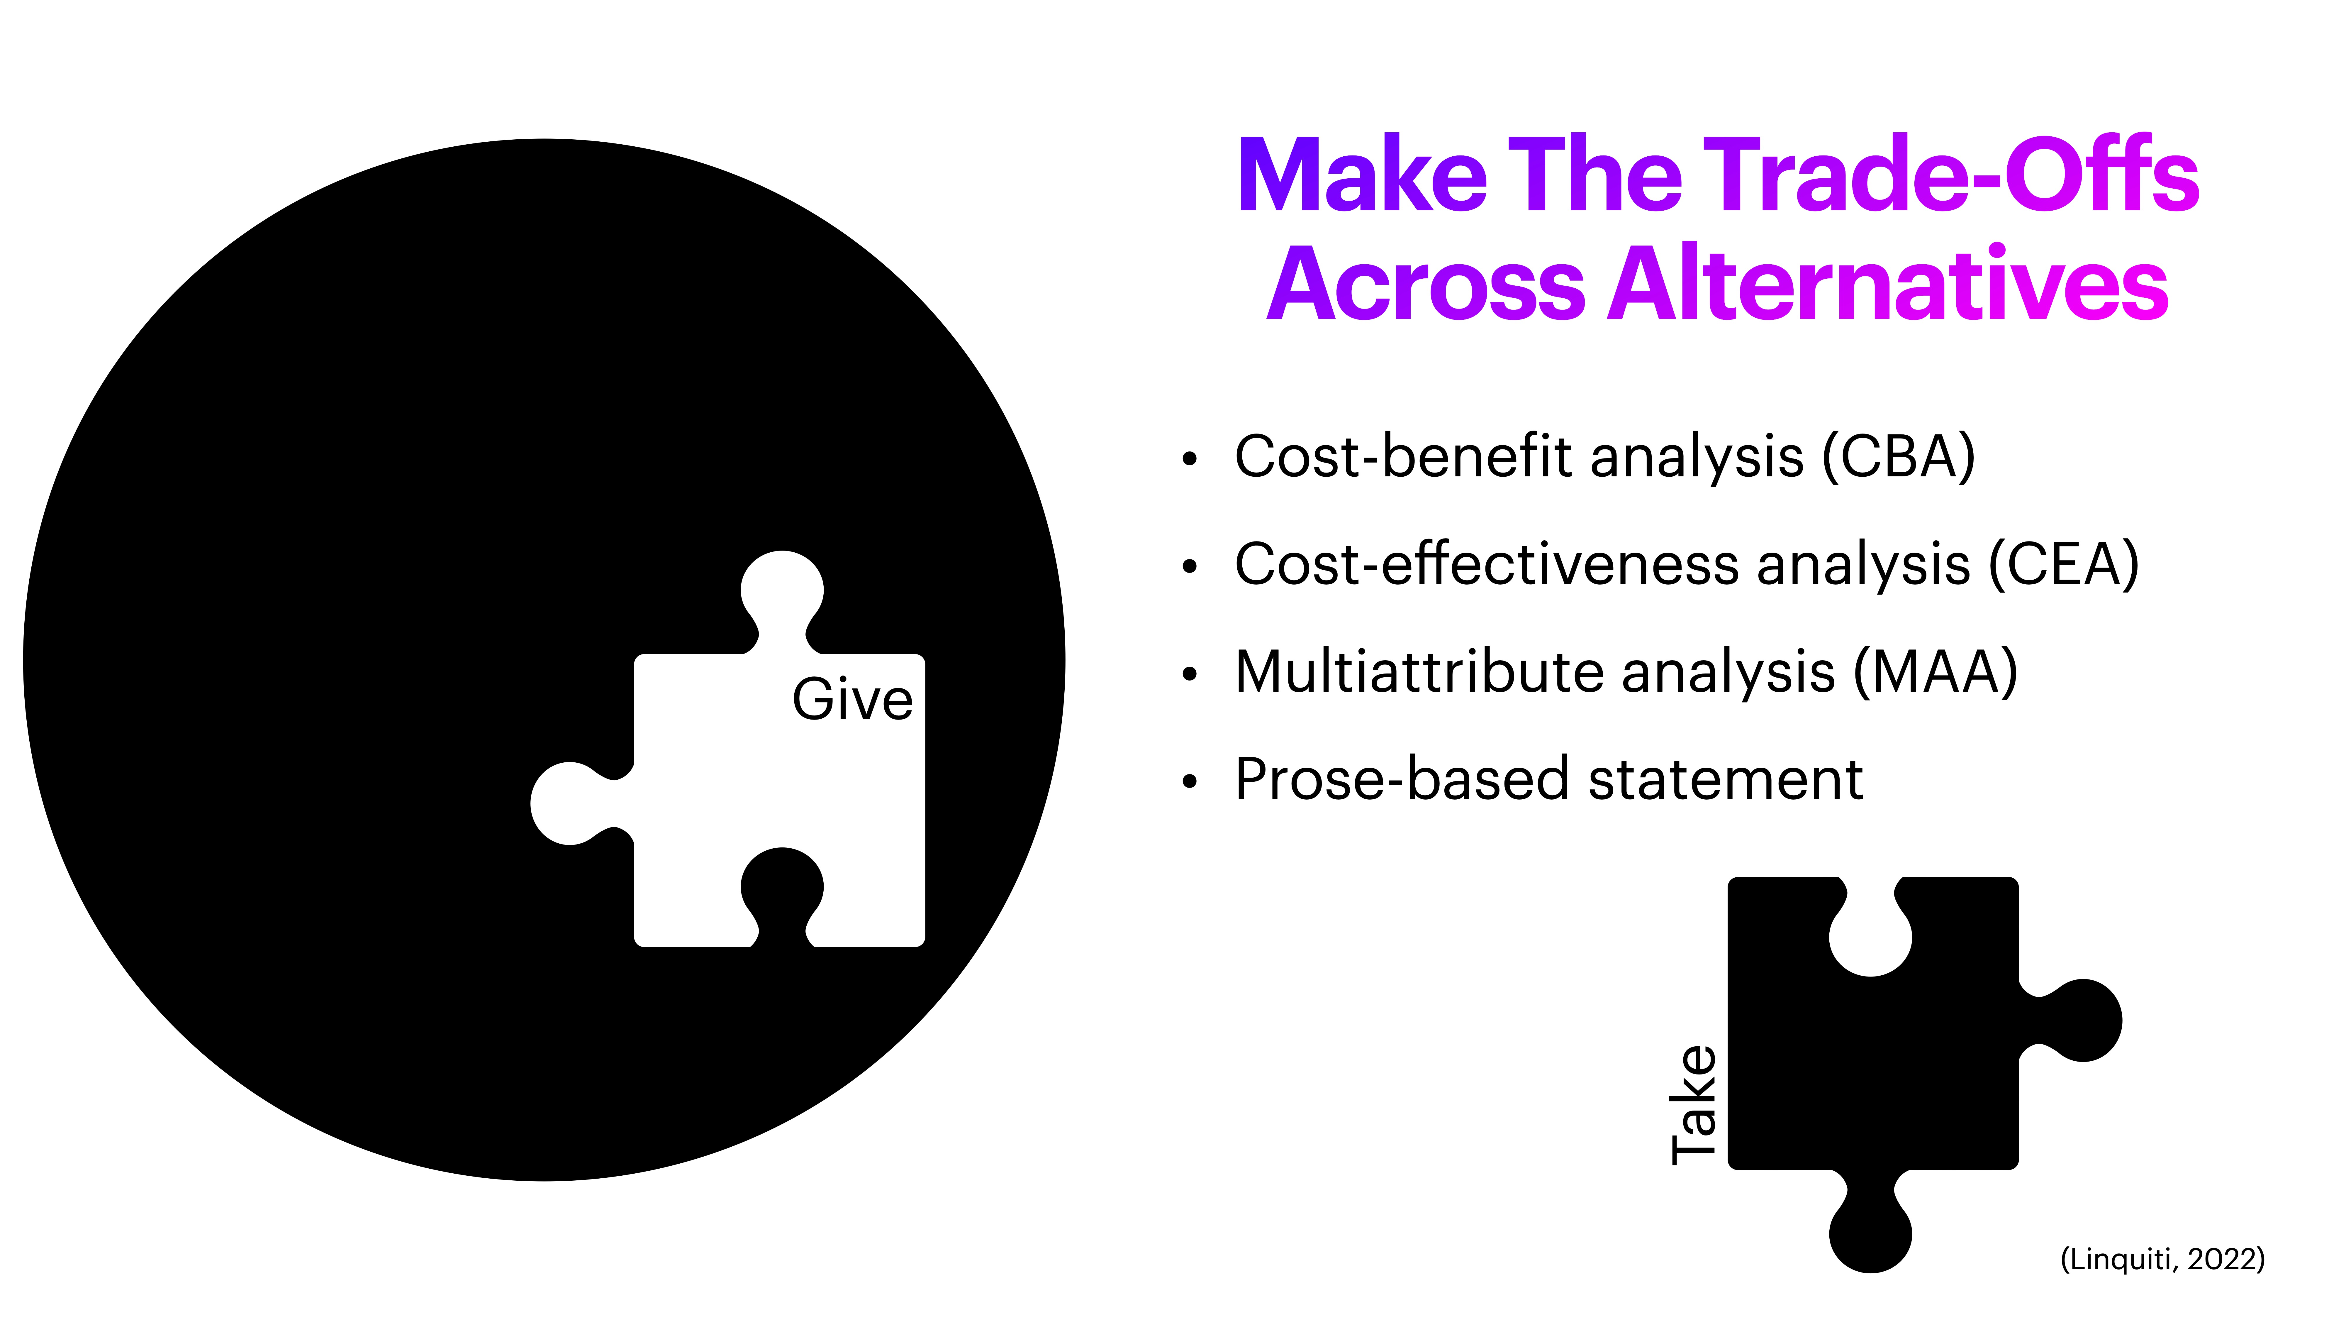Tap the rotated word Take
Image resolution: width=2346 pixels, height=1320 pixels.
tap(1694, 1104)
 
